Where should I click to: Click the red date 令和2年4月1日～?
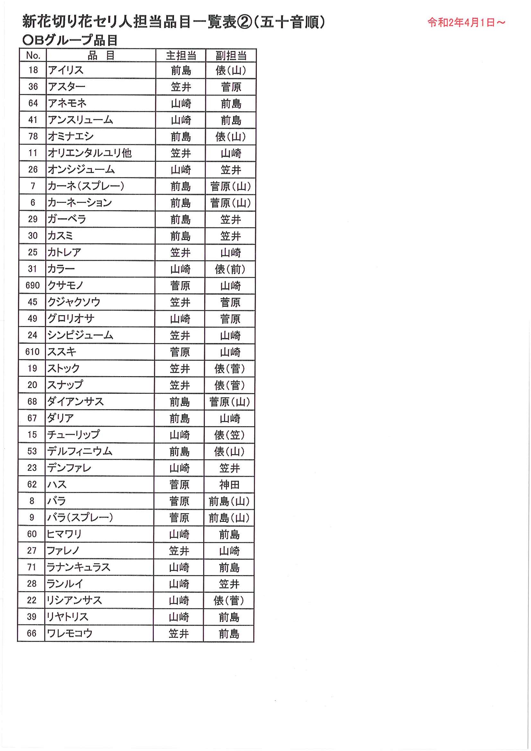pyautogui.click(x=466, y=22)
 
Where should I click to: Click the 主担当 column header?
pyautogui.click(x=181, y=56)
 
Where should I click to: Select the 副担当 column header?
pyautogui.click(x=231, y=56)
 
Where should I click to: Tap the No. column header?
pyautogui.click(x=33, y=55)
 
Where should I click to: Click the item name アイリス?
pyautogui.click(x=66, y=70)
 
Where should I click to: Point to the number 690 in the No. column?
pyautogui.click(x=32, y=285)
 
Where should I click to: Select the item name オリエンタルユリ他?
pyautogui.click(x=89, y=153)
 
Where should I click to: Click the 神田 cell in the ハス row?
pyautogui.click(x=229, y=484)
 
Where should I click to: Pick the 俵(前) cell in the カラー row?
pyautogui.click(x=230, y=269)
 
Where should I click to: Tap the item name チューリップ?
pyautogui.click(x=73, y=434)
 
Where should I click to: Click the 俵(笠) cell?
pyautogui.click(x=229, y=435)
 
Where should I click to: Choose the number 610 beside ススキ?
pyautogui.click(x=32, y=352)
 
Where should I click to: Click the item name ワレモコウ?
pyautogui.click(x=70, y=633)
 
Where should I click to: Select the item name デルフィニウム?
pyautogui.click(x=80, y=451)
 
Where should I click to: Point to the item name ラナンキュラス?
pyautogui.click(x=78, y=567)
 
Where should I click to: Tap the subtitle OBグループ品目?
pyautogui.click(x=70, y=40)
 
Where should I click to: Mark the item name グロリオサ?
pyautogui.click(x=71, y=318)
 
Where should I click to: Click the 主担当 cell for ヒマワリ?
pyautogui.click(x=179, y=534)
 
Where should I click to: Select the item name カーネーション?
pyautogui.click(x=80, y=203)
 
